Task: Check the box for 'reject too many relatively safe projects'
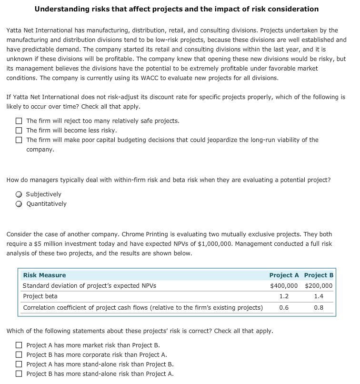coord(19,121)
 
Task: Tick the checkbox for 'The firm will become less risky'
coord(19,131)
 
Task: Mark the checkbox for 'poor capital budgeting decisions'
coord(19,140)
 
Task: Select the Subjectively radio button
coord(19,194)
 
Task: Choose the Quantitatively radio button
coord(19,204)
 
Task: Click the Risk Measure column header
coord(44,275)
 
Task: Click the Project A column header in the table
coord(284,275)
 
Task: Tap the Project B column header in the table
coord(319,275)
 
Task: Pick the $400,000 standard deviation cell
coord(284,286)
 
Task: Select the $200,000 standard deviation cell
coord(319,286)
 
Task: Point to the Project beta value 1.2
coord(284,296)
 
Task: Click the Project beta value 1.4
coord(319,296)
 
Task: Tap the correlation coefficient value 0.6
coord(284,308)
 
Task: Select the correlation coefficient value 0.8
coord(319,308)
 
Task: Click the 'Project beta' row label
coord(40,296)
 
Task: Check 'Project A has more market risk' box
coord(19,345)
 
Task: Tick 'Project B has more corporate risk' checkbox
coord(19,355)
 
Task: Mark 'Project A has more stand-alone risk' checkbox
coord(19,364)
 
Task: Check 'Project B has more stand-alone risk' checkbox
coord(19,374)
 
